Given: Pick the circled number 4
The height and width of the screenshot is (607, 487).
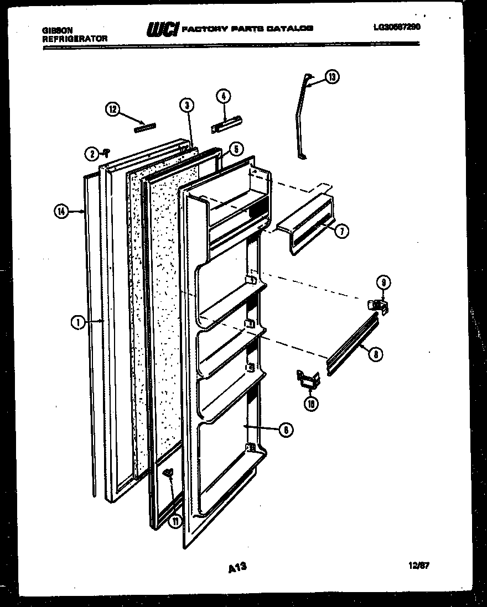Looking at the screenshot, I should [x=224, y=96].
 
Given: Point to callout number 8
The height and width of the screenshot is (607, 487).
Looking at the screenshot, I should [x=377, y=355].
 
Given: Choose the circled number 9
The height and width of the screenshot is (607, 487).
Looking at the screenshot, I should [x=382, y=283].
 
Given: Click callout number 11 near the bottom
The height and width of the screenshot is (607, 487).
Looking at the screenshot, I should [x=175, y=521].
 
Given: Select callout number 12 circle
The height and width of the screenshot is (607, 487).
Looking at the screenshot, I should [x=113, y=109].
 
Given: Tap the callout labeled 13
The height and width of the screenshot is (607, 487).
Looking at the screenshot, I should [x=331, y=77].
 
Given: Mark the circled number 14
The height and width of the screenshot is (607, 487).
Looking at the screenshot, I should [x=63, y=210].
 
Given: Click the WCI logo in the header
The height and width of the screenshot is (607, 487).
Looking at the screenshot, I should [x=162, y=29].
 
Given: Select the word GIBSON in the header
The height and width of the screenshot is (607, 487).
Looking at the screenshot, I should [x=56, y=30].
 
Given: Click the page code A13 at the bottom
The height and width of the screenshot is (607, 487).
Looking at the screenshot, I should [x=236, y=567].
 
